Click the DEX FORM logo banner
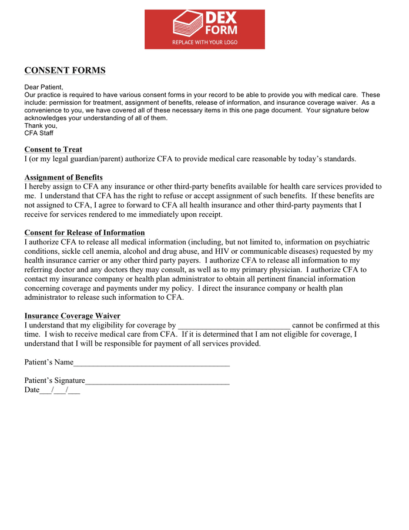click(204, 29)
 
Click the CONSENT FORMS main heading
click(65, 71)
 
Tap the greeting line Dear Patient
click(43, 87)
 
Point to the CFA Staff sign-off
click(39, 133)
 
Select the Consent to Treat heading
click(53, 150)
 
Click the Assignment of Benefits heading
click(63, 177)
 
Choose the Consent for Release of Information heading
click(85, 233)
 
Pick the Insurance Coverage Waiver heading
click(72, 316)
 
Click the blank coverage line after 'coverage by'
click(234, 326)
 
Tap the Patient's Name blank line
click(152, 363)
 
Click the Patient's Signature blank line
click(157, 381)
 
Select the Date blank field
click(59, 390)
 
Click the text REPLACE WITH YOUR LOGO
click(204, 42)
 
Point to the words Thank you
click(41, 125)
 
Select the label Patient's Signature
click(55, 380)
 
